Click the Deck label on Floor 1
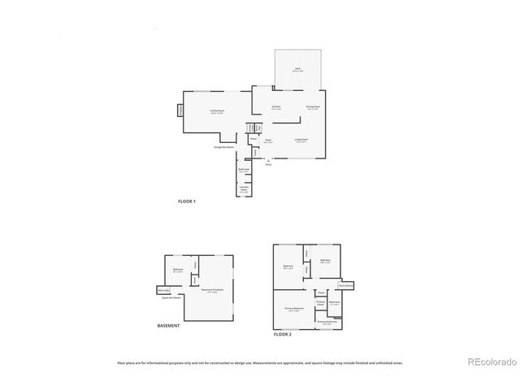[x=298, y=71]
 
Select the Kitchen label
[x=276, y=106]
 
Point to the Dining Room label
[x=312, y=106]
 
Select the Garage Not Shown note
[x=224, y=147]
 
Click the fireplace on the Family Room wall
[x=180, y=110]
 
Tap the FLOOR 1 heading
[x=187, y=201]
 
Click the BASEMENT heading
[x=169, y=326]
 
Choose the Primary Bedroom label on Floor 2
[x=293, y=309]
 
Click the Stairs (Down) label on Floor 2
[x=345, y=285]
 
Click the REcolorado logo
[x=488, y=361]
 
